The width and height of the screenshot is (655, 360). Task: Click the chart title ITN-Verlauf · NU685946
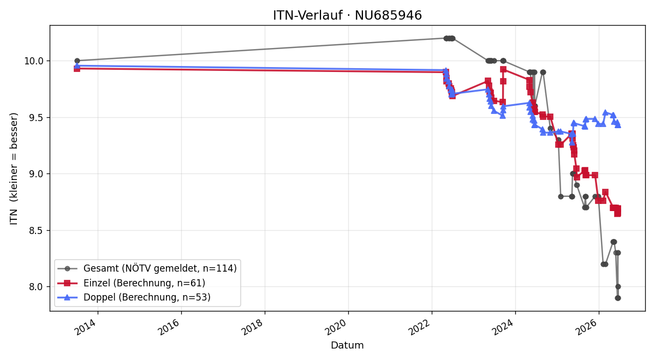[x=347, y=15]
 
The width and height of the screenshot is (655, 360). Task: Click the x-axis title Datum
[x=347, y=345]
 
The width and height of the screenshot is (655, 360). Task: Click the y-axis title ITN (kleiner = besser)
[x=14, y=169]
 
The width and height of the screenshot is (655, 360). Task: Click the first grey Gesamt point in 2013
[x=77, y=61]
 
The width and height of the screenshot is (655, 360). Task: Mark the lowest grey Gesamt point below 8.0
[x=618, y=298]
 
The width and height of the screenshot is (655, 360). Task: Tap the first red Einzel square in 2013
[x=77, y=69]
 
